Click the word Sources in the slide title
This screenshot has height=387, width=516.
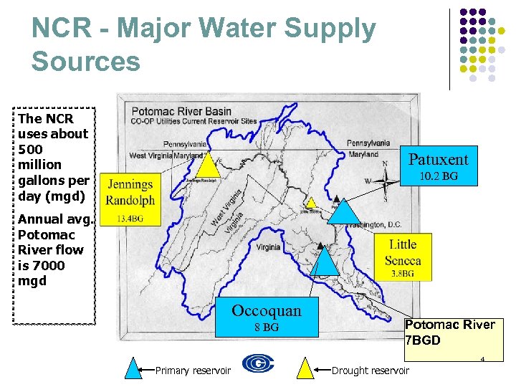(86, 61)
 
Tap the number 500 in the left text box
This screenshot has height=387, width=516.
(31, 149)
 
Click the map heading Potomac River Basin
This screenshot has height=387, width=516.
(181, 111)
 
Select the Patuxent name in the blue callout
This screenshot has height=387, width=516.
(438, 159)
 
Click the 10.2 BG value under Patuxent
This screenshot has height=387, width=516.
(438, 176)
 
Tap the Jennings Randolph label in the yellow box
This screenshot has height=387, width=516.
(130, 191)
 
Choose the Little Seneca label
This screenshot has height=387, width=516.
(402, 252)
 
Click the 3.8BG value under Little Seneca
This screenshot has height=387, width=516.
(402, 274)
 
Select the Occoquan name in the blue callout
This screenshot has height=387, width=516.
(267, 310)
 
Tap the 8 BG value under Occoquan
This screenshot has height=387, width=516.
(267, 328)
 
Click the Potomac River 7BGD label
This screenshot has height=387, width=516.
(449, 332)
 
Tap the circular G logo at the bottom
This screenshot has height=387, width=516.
(258, 363)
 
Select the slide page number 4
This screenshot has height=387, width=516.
(483, 358)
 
